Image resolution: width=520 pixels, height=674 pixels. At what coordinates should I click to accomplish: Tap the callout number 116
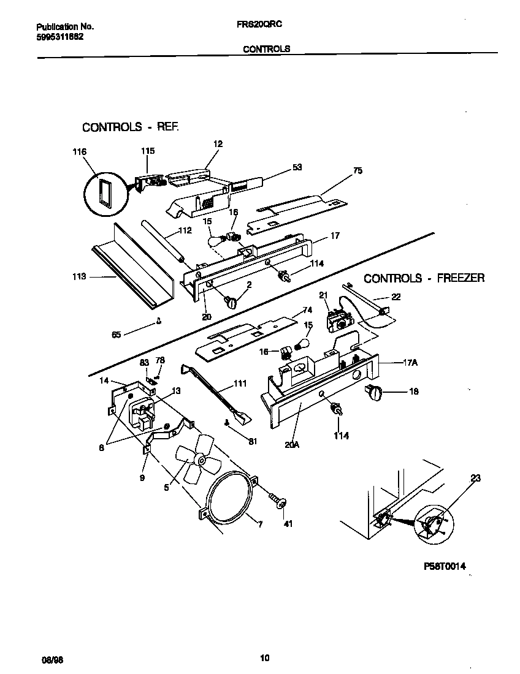(x=79, y=152)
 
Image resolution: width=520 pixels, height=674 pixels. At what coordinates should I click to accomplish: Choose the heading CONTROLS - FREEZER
(x=424, y=278)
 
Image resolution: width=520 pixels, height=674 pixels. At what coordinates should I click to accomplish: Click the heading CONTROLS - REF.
(x=131, y=127)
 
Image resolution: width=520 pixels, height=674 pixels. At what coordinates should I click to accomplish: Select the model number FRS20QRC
(x=258, y=26)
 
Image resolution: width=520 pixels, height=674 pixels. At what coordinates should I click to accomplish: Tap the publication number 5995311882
(x=60, y=36)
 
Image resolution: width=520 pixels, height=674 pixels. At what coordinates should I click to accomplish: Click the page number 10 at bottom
(x=264, y=659)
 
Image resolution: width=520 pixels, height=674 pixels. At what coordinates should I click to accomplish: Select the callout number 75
(x=357, y=172)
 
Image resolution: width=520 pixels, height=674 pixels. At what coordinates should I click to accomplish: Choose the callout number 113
(x=78, y=277)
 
